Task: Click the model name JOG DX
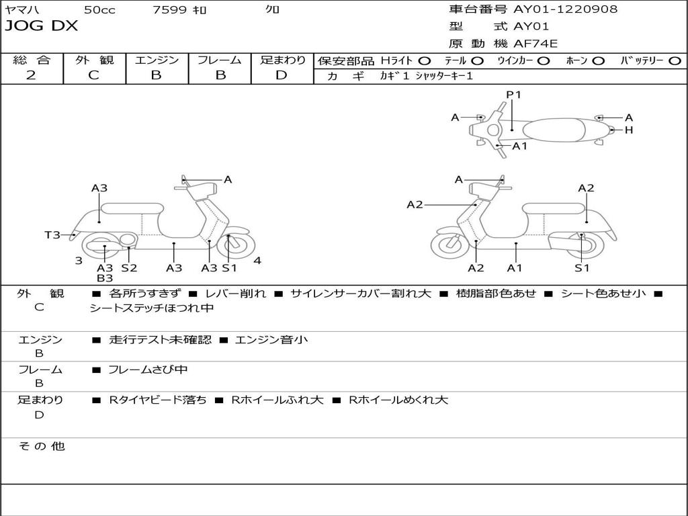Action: (42, 26)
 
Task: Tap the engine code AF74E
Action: (535, 44)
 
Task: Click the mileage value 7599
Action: (169, 9)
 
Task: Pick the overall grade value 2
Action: (31, 75)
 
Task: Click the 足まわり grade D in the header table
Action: (282, 75)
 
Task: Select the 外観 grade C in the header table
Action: (93, 75)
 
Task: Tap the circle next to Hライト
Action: (425, 61)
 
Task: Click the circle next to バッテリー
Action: (675, 61)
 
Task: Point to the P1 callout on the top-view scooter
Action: (514, 95)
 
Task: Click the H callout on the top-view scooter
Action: (629, 130)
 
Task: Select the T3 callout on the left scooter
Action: (52, 234)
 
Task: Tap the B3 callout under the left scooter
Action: (105, 278)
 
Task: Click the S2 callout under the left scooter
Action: (129, 268)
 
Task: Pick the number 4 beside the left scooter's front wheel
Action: (257, 261)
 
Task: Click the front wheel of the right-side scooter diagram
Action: (450, 246)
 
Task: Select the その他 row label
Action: (41, 446)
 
